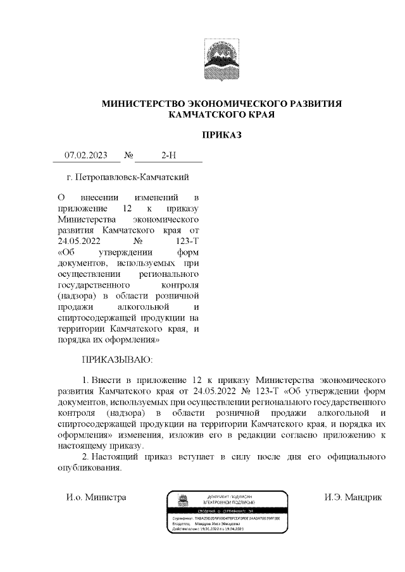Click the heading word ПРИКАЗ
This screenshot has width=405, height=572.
pyautogui.click(x=221, y=135)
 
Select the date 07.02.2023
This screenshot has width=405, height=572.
pyautogui.click(x=87, y=155)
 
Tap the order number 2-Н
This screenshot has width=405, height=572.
pyautogui.click(x=169, y=155)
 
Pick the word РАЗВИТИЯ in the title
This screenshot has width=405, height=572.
pyautogui.click(x=316, y=104)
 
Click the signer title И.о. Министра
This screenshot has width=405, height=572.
pyautogui.click(x=96, y=497)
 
